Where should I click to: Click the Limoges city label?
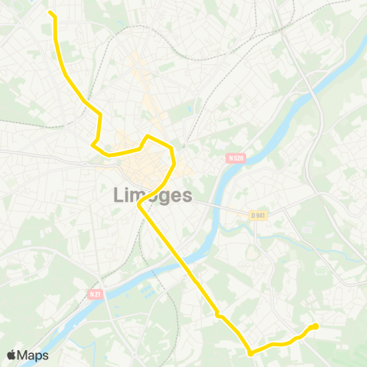pos(152,195)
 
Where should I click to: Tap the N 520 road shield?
pos(235,158)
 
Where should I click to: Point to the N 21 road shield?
pos(95,294)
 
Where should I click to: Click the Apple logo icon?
pos(11,355)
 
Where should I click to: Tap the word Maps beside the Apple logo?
pos(34,355)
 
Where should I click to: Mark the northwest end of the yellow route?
pos(50,13)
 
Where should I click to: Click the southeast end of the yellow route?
pos(315,326)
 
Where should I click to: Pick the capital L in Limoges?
pos(119,196)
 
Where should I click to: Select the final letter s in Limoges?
pos(187,196)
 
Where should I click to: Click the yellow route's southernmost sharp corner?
pos(250,353)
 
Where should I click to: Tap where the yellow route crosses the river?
pos(174,253)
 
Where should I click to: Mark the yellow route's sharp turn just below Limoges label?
pos(138,206)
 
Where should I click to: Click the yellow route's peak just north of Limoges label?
pos(148,136)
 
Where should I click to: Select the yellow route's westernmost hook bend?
pos(93,143)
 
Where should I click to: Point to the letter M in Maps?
pos(24,355)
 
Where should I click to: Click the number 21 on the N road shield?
pos(97,294)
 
